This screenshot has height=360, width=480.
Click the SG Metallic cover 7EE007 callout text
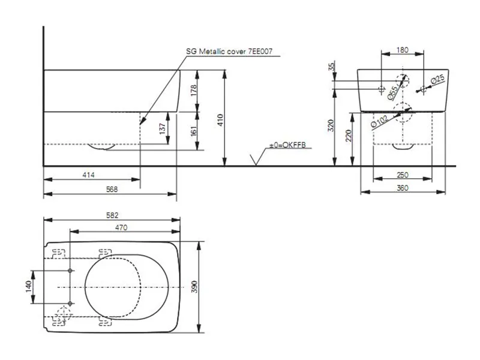[x=229, y=51]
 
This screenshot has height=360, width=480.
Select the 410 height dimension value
[x=220, y=121]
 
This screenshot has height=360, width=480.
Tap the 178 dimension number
[x=193, y=91]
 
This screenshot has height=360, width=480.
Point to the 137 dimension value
[x=163, y=128]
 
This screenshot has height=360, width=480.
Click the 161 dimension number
[x=193, y=131]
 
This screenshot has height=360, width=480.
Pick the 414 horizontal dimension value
[x=88, y=175]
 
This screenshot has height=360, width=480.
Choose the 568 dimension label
[x=112, y=189]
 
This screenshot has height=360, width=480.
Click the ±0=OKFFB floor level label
[x=287, y=145]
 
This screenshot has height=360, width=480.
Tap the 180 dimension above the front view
[x=402, y=50]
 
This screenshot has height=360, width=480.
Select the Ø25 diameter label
[x=438, y=79]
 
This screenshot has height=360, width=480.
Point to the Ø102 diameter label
[x=379, y=121]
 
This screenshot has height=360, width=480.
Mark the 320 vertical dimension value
[x=331, y=125]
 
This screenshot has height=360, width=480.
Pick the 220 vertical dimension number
[x=349, y=136]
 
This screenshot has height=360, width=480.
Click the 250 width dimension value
[x=402, y=175]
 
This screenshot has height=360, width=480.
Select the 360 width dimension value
[x=402, y=188]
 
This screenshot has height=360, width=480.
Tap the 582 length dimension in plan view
[x=112, y=215]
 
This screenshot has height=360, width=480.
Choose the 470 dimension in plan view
[x=121, y=227]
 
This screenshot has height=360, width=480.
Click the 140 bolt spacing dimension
[x=28, y=286]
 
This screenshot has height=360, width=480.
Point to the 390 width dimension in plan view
[x=194, y=287]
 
